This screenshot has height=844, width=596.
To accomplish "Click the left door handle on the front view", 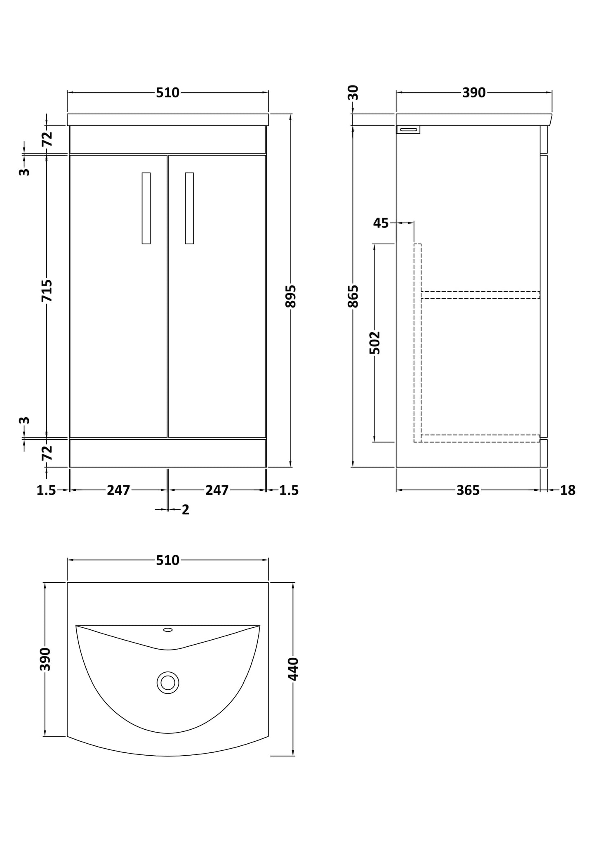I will (x=146, y=208).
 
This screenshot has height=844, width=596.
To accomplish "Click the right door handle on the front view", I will (x=189, y=208).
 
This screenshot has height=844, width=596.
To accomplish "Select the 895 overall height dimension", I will (x=291, y=296).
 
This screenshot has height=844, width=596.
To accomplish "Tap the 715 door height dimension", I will (x=47, y=291).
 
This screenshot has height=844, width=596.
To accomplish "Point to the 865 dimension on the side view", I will (x=353, y=296).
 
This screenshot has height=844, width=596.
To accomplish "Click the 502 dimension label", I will (x=375, y=343).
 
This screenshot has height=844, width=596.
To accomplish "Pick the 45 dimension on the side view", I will (x=381, y=223).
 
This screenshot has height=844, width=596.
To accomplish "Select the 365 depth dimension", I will (x=468, y=490).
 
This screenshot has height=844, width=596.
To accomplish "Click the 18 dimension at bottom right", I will (x=568, y=490).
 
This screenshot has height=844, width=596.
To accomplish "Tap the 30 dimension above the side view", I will (x=353, y=92).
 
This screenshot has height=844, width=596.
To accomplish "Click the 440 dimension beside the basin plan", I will (x=293, y=669).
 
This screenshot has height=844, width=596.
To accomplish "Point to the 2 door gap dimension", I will (x=185, y=510).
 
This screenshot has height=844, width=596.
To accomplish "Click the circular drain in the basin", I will (x=168, y=683).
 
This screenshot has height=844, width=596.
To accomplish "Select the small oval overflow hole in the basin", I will (x=168, y=630).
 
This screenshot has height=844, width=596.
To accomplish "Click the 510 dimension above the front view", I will (x=167, y=93).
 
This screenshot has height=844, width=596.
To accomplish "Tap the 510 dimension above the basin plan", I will (x=167, y=560).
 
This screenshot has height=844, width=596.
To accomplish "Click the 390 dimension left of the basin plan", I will (x=45, y=659).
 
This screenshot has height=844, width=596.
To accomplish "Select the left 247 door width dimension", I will (x=118, y=490).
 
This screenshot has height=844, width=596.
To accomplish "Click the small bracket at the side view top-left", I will (x=408, y=130).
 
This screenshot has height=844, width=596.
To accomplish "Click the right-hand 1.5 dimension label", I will (x=289, y=490).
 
